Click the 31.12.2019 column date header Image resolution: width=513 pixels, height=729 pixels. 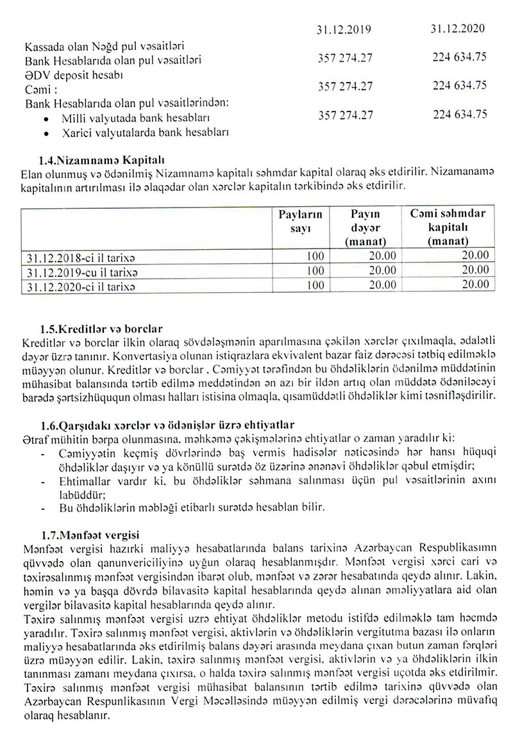(344, 29)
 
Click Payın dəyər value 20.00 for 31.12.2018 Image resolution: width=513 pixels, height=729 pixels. (382, 257)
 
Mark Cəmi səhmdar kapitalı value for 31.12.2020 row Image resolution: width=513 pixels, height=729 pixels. (476, 286)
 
